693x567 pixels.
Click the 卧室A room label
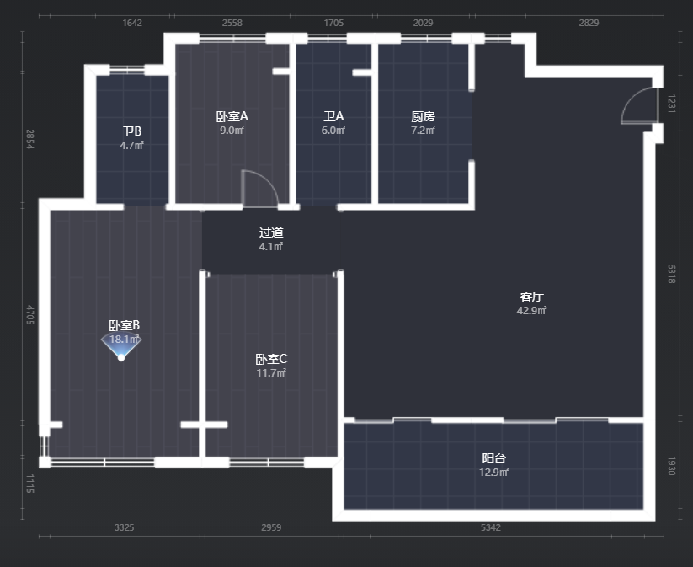point(232,116)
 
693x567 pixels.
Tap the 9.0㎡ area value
point(232,130)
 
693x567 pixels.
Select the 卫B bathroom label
point(131,131)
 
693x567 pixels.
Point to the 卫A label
point(333,116)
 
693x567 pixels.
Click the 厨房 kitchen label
point(423,116)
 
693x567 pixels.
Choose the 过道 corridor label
point(271,233)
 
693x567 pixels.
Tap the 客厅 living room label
point(531,297)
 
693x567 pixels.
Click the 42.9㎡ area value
point(531,311)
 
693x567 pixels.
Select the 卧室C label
point(271,359)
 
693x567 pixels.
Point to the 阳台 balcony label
point(493,458)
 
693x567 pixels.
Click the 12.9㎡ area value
point(493,473)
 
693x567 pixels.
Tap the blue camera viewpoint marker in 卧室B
point(121,348)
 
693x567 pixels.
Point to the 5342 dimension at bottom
point(491,527)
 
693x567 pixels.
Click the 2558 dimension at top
point(232,23)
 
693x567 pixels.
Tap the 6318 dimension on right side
point(671,274)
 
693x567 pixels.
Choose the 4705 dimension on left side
point(30,315)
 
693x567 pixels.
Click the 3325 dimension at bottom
point(124,527)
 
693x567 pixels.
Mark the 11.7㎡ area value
point(271,373)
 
